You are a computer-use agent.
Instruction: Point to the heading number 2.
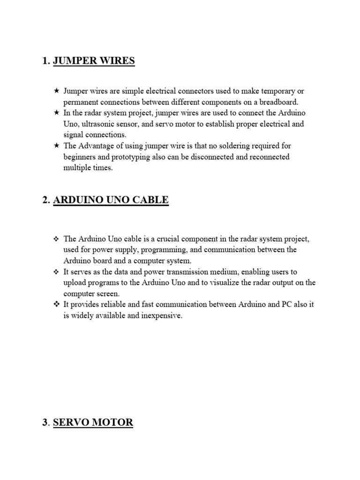pos(45,200)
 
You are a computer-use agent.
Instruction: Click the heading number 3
pos(45,422)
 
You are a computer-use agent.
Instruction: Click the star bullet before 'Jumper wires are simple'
pos(56,90)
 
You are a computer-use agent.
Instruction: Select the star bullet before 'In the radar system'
pos(56,113)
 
